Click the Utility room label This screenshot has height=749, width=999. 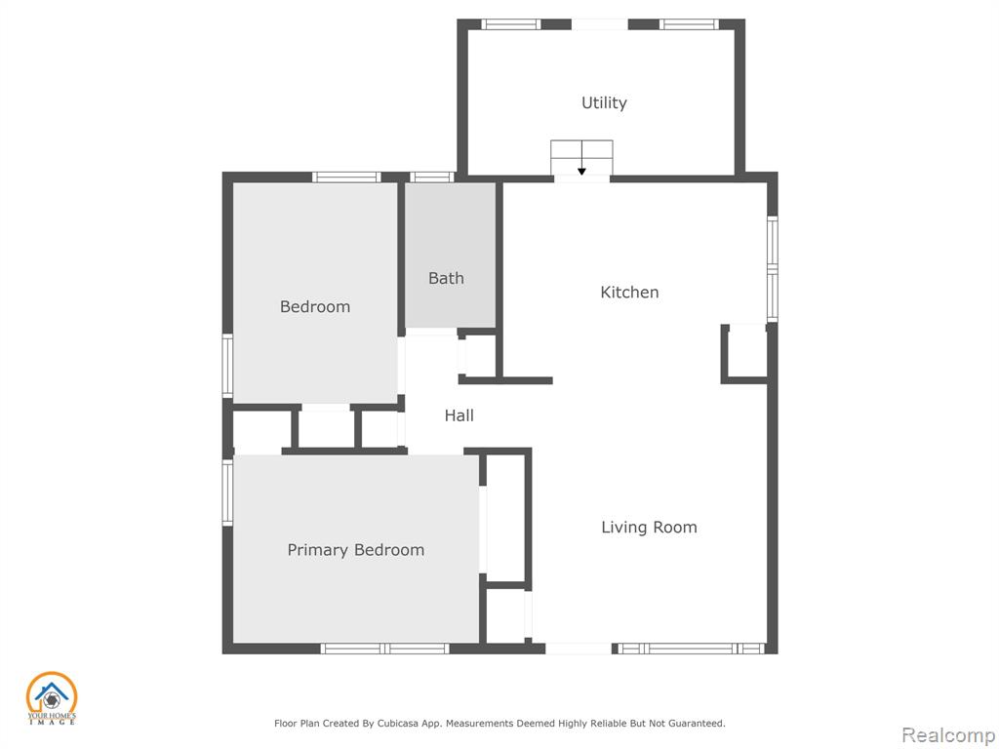click(604, 103)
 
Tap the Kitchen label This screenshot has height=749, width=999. click(629, 293)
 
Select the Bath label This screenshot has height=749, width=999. click(446, 278)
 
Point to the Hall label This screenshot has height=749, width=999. click(459, 415)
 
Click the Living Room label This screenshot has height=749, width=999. click(649, 528)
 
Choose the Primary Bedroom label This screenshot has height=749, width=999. click(355, 550)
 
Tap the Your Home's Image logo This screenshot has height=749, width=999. click(52, 698)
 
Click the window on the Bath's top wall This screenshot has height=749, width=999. click(431, 177)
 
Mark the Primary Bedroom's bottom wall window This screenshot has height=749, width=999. click(384, 649)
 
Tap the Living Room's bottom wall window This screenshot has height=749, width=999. click(692, 649)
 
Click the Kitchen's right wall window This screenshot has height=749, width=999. click(773, 269)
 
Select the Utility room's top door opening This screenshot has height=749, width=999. click(600, 24)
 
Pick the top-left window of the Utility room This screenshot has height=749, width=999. click(510, 24)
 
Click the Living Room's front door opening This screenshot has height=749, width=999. click(579, 649)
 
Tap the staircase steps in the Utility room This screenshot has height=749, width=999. click(581, 157)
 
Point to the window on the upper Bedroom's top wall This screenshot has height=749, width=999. click(346, 177)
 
